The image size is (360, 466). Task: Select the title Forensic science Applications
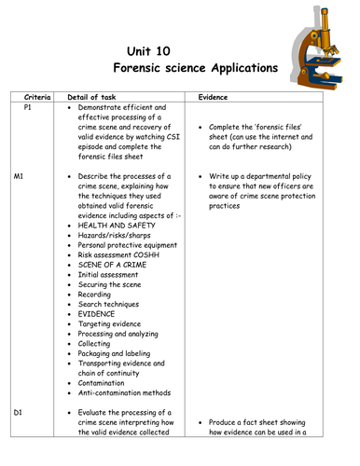[x=195, y=69]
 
